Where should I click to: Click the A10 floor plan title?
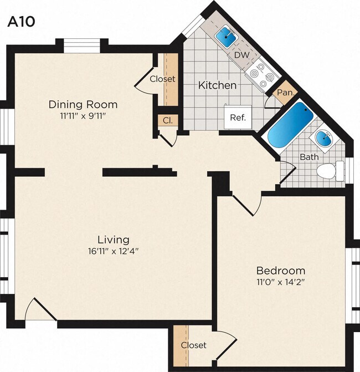(x=21, y=22)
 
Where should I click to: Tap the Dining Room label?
(x=83, y=104)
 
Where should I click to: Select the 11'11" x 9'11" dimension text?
(x=83, y=116)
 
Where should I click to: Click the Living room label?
(x=114, y=239)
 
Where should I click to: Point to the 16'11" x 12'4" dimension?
(x=114, y=251)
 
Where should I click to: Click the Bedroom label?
(x=280, y=271)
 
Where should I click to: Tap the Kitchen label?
(x=218, y=85)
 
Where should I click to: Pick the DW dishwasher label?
(x=241, y=55)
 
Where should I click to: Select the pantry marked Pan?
(x=285, y=93)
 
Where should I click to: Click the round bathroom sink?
(x=323, y=139)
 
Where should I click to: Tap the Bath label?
(x=309, y=157)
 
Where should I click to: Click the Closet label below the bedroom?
(x=194, y=345)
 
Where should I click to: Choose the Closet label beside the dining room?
(x=162, y=79)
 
